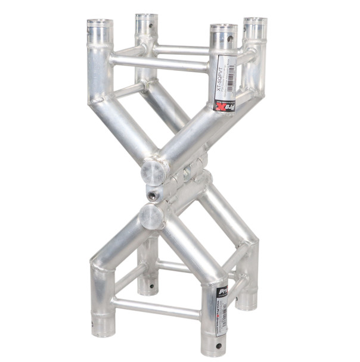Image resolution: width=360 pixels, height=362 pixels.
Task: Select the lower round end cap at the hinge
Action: (x=151, y=217)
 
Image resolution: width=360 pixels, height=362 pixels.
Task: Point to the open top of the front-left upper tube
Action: (x=100, y=23)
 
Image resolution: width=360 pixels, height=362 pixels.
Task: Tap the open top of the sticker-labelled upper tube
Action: (x=223, y=27)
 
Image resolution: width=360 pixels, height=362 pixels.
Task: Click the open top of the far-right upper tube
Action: (x=255, y=21)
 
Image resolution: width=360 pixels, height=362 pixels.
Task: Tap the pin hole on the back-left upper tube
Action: (x=151, y=26)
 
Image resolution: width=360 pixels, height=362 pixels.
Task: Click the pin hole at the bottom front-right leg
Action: (x=218, y=345)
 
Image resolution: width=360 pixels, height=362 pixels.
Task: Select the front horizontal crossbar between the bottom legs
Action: (x=156, y=308)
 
